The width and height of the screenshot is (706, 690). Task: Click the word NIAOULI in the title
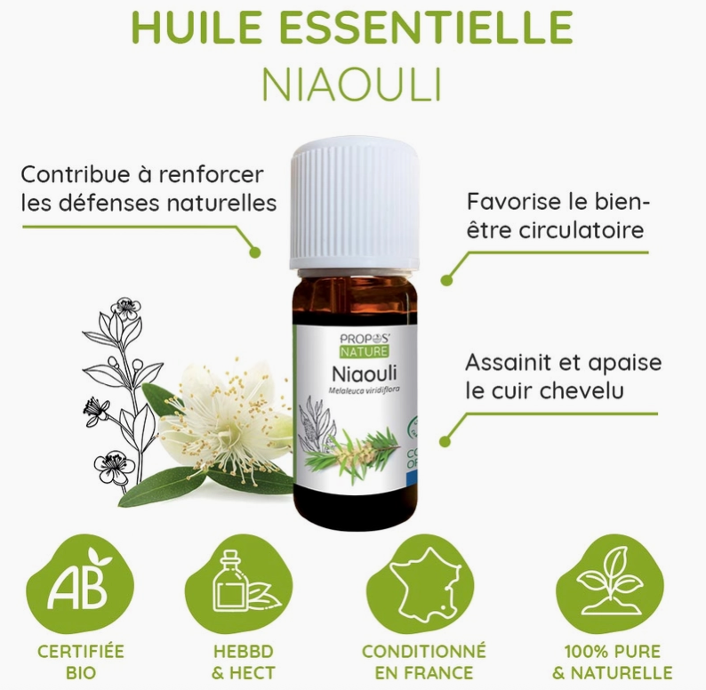tap(351, 84)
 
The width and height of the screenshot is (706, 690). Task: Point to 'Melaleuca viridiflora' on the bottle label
tap(365, 389)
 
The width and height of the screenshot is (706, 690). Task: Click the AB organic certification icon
tap(80, 583)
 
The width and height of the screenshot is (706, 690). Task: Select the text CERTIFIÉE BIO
tap(81, 662)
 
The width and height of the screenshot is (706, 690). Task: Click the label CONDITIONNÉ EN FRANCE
tap(424, 662)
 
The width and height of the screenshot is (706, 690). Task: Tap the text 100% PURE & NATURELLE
tap(613, 662)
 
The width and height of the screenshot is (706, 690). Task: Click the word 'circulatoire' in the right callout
tap(582, 230)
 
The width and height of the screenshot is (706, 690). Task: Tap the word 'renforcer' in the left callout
tap(211, 175)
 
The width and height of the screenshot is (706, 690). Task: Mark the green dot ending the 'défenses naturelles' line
tap(255, 253)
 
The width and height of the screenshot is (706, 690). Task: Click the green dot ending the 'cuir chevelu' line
tap(445, 441)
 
